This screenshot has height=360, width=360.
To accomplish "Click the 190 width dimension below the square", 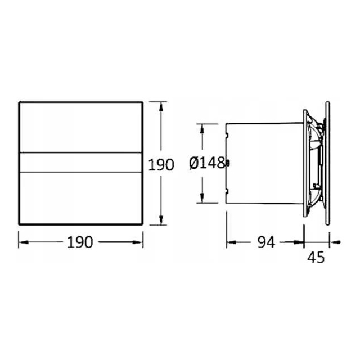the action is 80,242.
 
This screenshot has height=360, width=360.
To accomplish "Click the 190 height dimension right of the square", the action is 161,164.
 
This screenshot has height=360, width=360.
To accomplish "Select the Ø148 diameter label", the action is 207,163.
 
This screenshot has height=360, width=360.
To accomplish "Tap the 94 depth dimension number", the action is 266,242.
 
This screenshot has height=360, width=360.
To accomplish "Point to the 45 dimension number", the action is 316,257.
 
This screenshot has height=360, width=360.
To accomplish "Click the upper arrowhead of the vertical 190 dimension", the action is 161,107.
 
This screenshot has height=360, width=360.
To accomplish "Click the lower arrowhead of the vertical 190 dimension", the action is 161,220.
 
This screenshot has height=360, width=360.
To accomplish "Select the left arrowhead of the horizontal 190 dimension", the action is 24,242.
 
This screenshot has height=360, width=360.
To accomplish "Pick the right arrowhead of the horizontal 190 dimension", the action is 138,242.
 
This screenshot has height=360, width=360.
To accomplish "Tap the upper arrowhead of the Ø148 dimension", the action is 202,129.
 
